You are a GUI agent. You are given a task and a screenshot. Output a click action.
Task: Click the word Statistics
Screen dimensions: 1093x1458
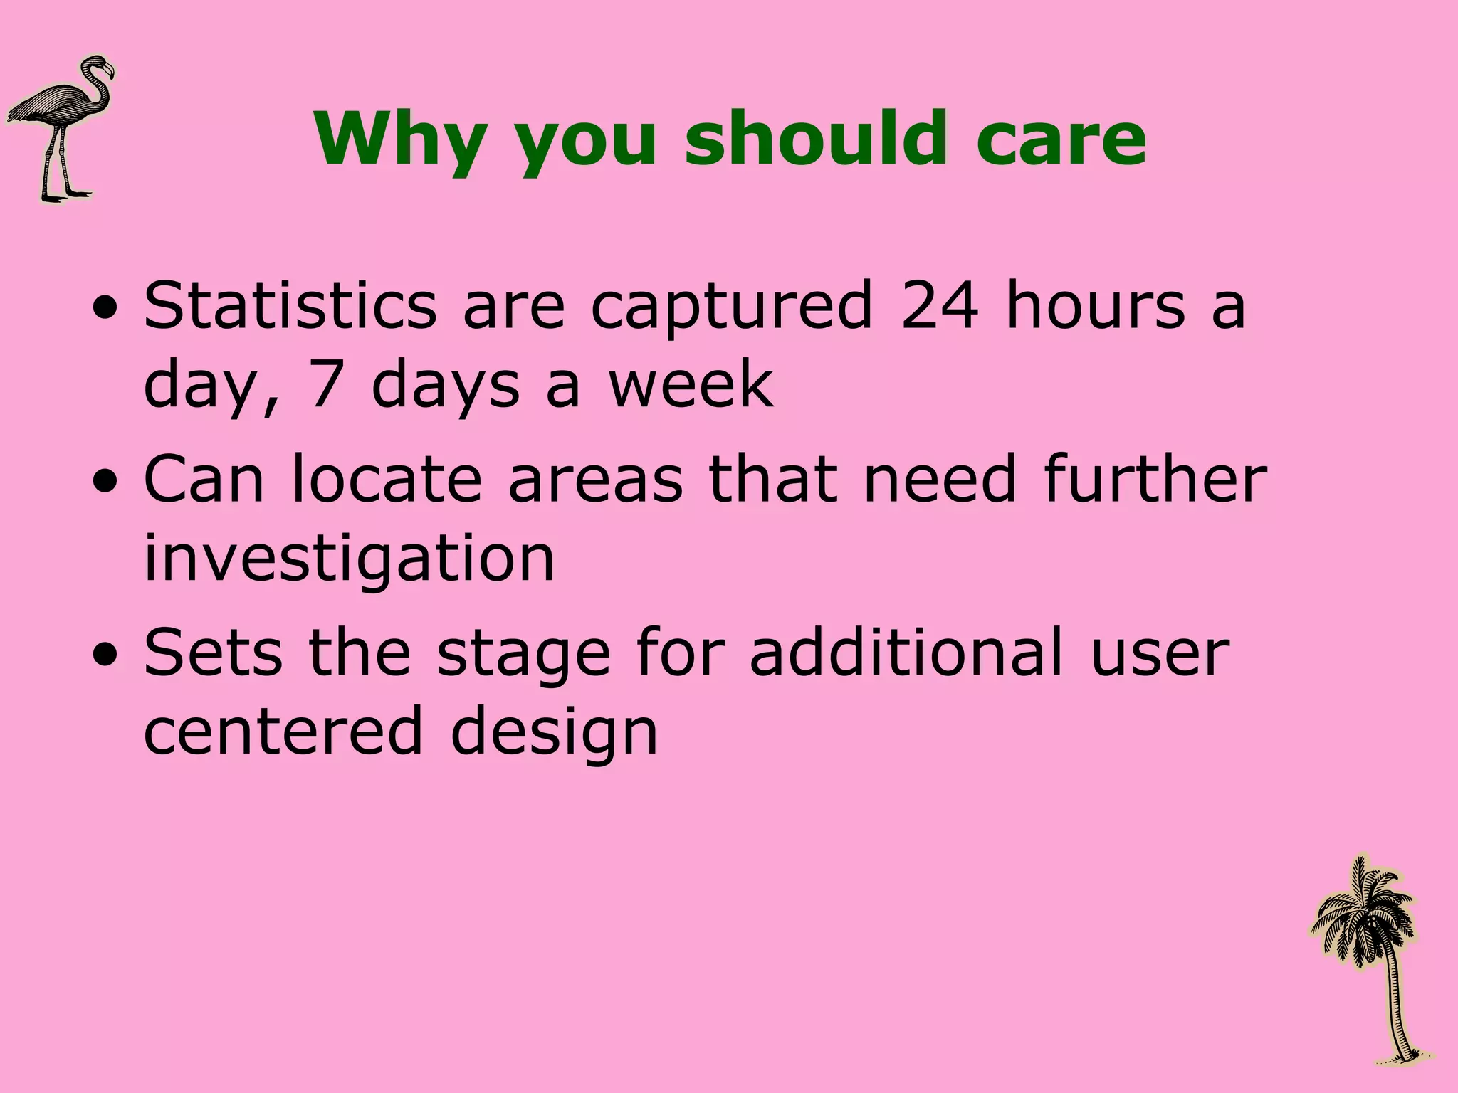pyautogui.click(x=290, y=306)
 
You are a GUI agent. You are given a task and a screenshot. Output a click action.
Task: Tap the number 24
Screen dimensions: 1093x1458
pyautogui.click(x=938, y=306)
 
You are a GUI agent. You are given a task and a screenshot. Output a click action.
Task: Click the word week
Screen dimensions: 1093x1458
pyautogui.click(x=690, y=385)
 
